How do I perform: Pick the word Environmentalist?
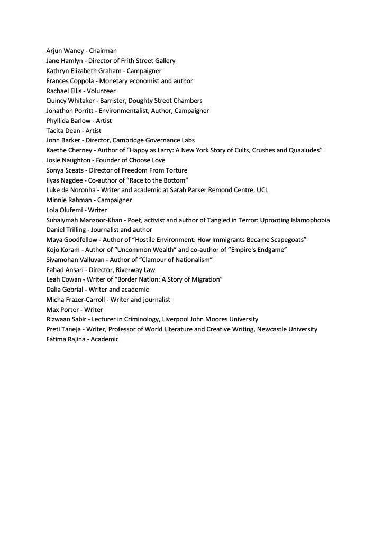125,111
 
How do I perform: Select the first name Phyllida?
59,121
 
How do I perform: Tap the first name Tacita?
55,130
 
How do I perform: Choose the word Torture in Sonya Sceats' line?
176,170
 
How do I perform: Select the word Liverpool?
175,319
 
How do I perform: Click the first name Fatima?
57,339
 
